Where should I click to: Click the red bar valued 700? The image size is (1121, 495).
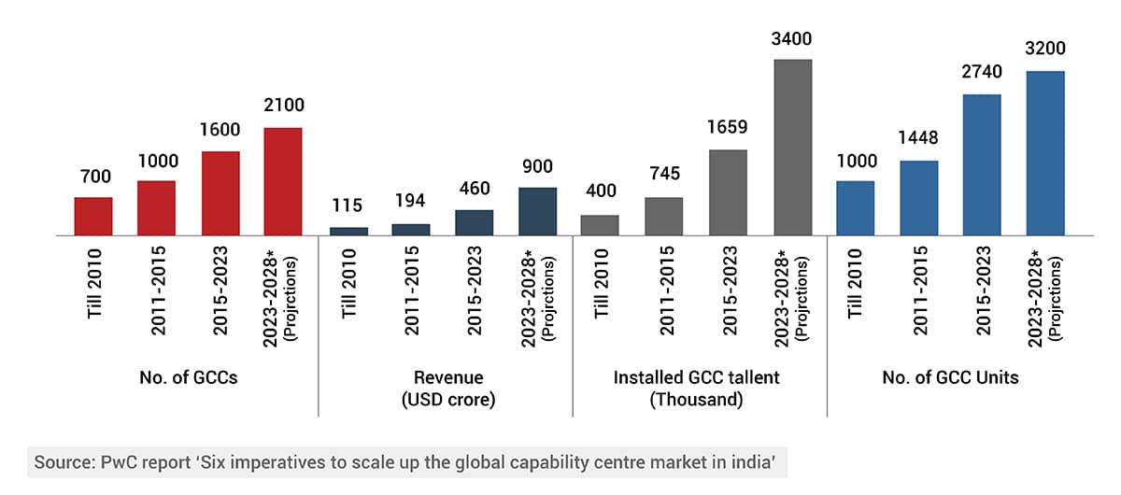[x=93, y=216]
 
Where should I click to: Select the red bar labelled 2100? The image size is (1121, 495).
[x=283, y=181]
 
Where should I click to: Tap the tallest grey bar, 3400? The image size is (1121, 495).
[x=792, y=147]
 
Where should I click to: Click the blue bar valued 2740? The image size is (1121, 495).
[x=982, y=164]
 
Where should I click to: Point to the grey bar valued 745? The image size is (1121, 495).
[x=664, y=216]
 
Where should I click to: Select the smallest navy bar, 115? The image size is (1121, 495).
[x=348, y=231]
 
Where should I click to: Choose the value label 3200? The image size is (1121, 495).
[x=1045, y=49]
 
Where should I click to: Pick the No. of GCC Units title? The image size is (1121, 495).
[x=950, y=378]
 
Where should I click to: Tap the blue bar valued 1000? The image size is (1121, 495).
[x=855, y=207]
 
